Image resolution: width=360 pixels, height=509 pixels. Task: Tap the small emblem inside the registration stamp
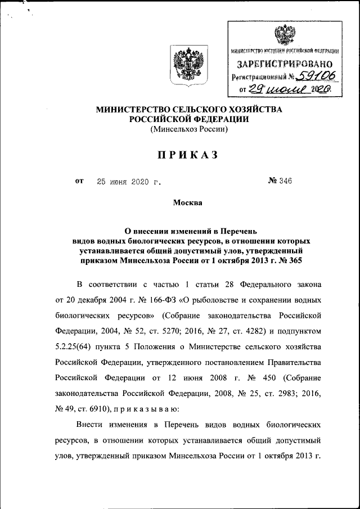[x=282, y=35]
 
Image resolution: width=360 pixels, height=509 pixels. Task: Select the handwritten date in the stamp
[x=286, y=88]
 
